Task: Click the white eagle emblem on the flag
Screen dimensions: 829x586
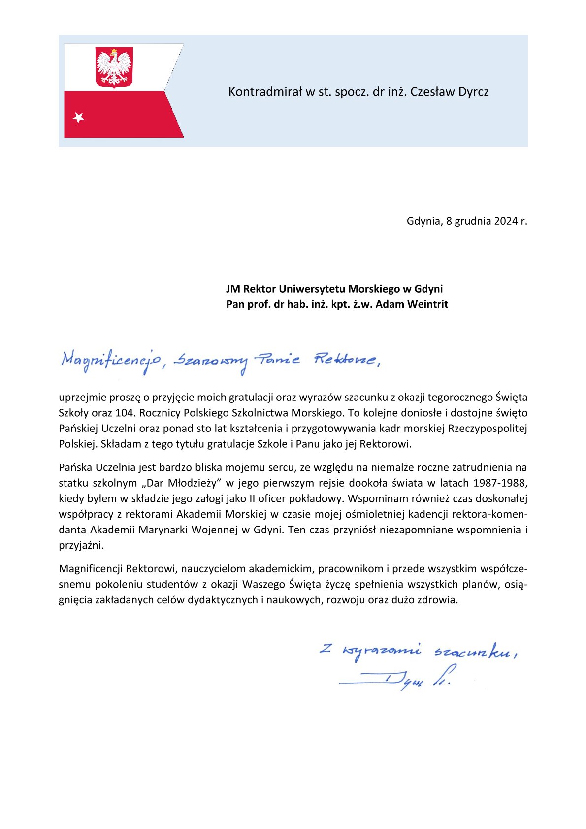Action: click(114, 66)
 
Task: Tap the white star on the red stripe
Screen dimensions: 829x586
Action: click(78, 118)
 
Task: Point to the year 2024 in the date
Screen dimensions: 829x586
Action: click(506, 221)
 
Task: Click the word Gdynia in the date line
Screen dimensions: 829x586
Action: click(423, 221)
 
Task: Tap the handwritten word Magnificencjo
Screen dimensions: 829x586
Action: click(110, 361)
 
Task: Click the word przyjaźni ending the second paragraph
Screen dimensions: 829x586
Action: click(81, 546)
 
